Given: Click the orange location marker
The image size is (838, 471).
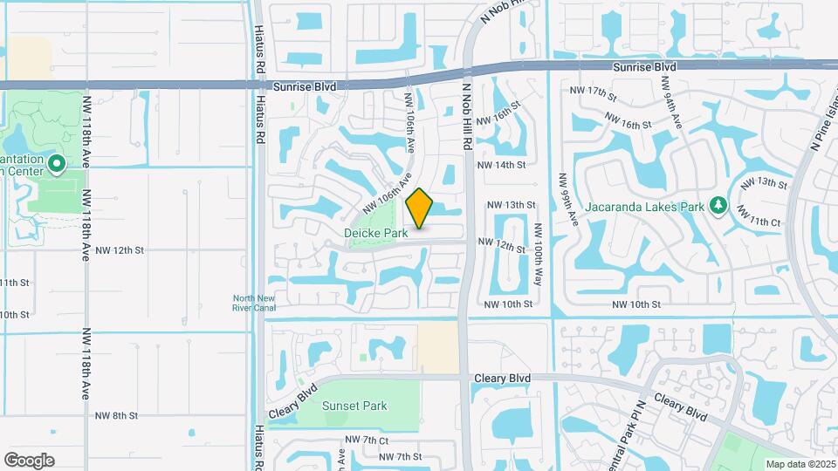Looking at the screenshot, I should (x=420, y=208).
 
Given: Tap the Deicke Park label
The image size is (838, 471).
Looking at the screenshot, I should (x=375, y=233).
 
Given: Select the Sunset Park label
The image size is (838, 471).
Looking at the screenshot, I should (x=354, y=406).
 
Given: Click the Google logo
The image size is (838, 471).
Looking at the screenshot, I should (x=29, y=461).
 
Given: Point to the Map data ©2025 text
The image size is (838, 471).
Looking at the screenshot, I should (x=800, y=463).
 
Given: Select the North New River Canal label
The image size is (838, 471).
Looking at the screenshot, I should (x=254, y=302).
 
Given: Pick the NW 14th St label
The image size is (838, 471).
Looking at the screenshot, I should (x=501, y=164).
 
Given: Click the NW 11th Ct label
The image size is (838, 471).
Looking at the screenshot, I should (x=756, y=215).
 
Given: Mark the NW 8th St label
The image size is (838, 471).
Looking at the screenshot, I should (x=117, y=416).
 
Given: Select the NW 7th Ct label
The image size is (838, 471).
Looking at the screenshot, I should (x=366, y=440).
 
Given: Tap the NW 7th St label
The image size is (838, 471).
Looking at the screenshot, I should (x=401, y=456).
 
